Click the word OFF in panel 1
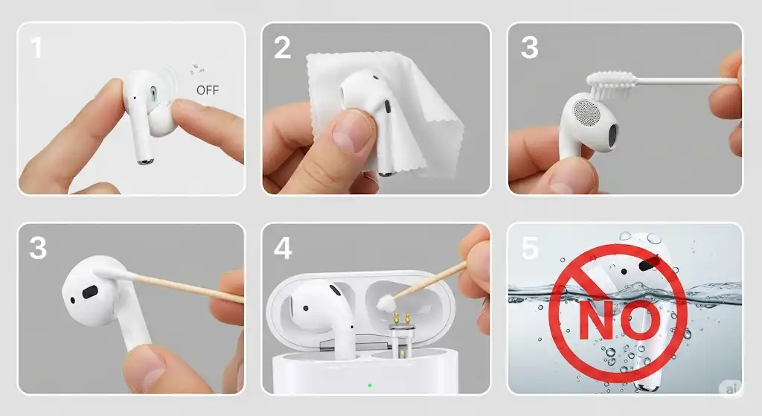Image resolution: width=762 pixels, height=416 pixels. coord(208,90)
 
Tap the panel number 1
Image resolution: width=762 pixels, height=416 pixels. coord(36,48)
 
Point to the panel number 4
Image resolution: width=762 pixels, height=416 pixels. coord(283,248)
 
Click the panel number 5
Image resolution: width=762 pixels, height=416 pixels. coord(530,248)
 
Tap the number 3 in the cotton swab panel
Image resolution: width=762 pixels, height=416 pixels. coord(38,248)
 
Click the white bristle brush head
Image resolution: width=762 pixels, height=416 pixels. coord(612,83)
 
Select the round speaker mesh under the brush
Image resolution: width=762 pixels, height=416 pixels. coord(587,115)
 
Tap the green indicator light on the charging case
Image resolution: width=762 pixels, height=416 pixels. coord(370,385)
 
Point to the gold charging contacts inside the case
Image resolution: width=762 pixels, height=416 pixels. coord(401,319)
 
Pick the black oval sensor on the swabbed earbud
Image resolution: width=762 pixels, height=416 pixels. coord(90,292)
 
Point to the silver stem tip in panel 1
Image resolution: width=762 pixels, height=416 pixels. coord(145,161)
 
